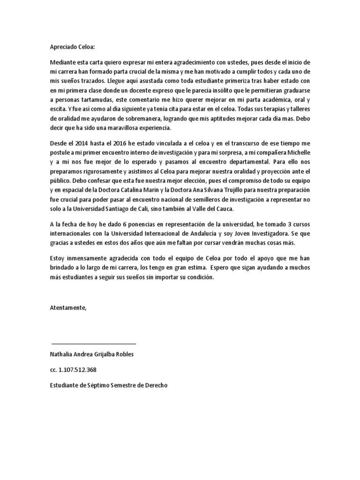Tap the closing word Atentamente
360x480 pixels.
68,307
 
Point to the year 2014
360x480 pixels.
85,143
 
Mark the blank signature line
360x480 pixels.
93,344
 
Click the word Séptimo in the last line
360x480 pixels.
94,385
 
